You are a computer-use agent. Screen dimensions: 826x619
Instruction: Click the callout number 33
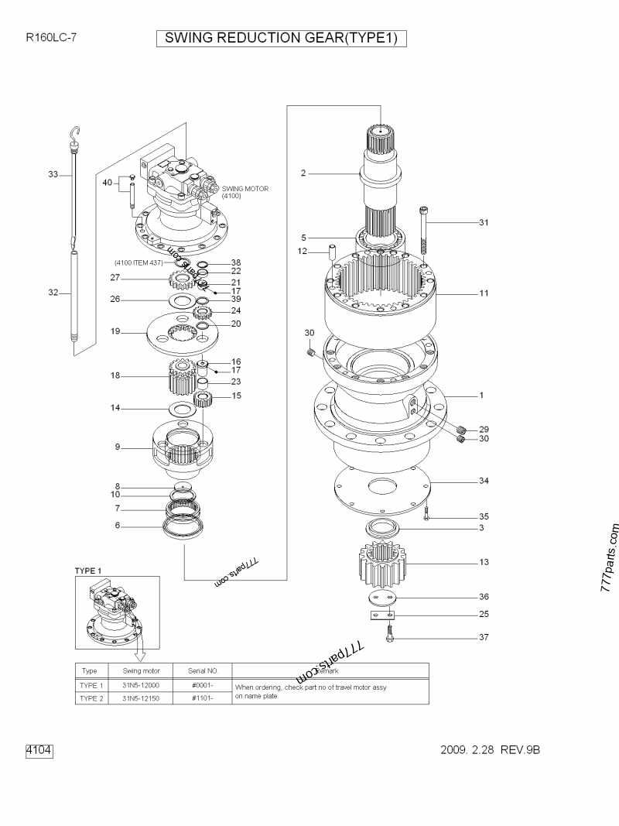point(53,175)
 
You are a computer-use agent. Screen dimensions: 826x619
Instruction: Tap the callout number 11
point(483,294)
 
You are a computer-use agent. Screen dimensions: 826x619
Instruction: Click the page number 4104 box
point(39,750)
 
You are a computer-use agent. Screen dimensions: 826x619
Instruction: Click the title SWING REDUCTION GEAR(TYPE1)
point(281,38)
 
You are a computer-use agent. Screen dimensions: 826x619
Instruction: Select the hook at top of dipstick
point(75,135)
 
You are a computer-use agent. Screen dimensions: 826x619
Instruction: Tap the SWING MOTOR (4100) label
point(243,193)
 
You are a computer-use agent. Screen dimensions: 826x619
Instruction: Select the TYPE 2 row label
point(91,697)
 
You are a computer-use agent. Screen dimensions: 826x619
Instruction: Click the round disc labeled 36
point(381,598)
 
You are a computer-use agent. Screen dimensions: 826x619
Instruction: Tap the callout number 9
point(118,447)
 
